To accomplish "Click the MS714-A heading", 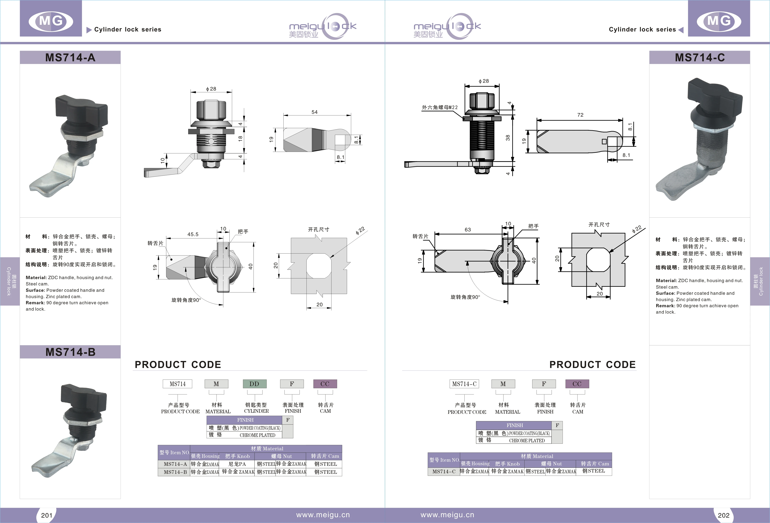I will click(70, 58).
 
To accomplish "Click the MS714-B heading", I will click(70, 352).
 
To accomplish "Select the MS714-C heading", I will click(700, 58).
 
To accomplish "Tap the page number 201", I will click(47, 515).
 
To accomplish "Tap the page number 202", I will click(724, 515).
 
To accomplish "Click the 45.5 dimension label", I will click(193, 234).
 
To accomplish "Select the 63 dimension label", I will click(468, 230).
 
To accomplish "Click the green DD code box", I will click(254, 384).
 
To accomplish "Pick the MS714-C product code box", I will click(464, 384).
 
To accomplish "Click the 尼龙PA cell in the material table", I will click(237, 464).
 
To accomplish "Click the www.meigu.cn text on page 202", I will click(447, 515).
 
